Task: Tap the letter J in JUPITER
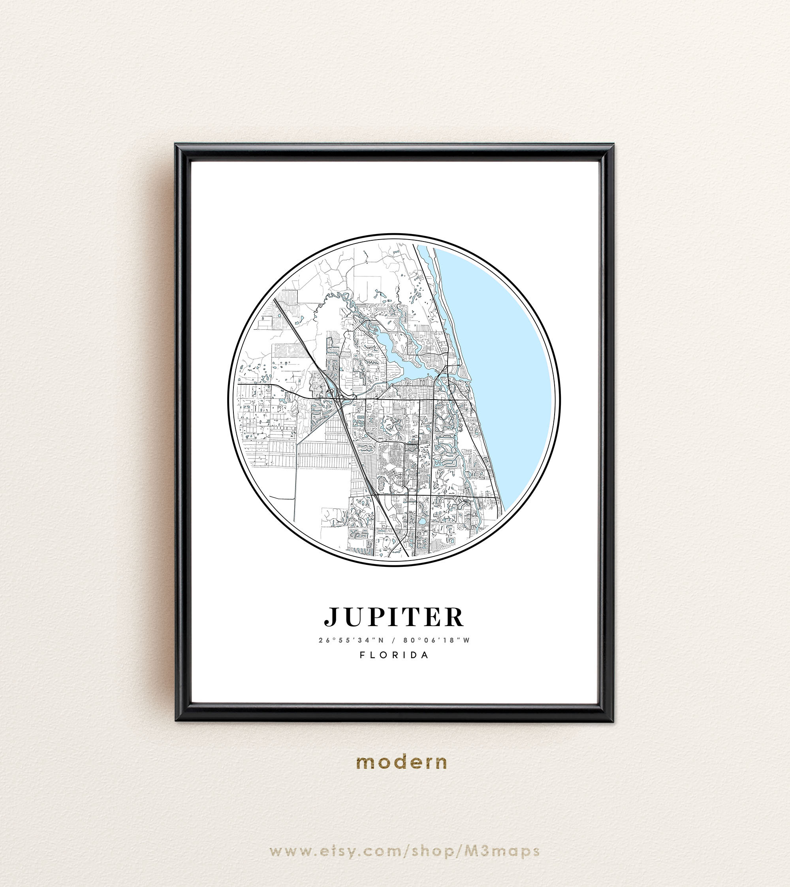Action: tap(332, 617)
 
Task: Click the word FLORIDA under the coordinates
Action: tap(394, 655)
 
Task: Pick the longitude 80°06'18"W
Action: tap(436, 640)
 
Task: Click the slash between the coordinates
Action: tap(393, 640)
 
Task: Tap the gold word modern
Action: tap(401, 762)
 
